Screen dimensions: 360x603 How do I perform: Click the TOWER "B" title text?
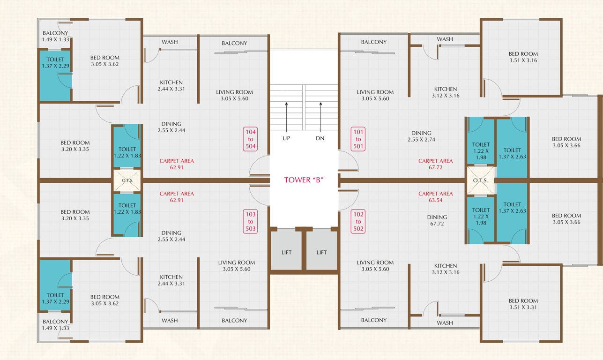(303, 180)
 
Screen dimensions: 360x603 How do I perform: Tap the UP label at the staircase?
(286, 138)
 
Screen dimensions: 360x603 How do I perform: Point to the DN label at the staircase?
(320, 138)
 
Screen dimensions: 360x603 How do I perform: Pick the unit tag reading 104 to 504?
(250, 139)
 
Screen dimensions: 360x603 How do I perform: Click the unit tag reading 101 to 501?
(358, 139)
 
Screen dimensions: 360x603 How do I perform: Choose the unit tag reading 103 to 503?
(250, 221)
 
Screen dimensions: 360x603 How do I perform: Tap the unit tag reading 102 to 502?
(358, 221)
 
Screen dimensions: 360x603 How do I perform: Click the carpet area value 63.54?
(435, 200)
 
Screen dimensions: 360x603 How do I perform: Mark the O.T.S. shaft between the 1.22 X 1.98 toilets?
(480, 180)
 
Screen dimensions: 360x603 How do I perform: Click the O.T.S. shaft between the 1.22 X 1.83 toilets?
(127, 180)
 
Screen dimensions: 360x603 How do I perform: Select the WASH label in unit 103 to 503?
(169, 321)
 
